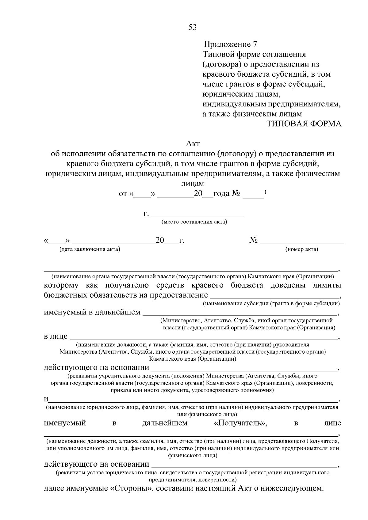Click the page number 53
pyautogui.click(x=192, y=27)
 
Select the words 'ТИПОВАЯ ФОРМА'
pyautogui.click(x=303, y=124)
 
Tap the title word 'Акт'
pyautogui.click(x=193, y=143)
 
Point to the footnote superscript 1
pyautogui.click(x=265, y=192)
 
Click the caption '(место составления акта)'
pyautogui.click(x=194, y=222)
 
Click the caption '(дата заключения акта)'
pyautogui.click(x=90, y=249)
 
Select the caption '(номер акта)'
pyautogui.click(x=302, y=249)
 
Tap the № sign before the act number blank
pyautogui.click(x=253, y=241)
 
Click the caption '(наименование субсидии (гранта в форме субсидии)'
pyautogui.click(x=271, y=303)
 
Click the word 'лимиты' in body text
pyautogui.click(x=327, y=285)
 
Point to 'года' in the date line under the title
pyautogui.click(x=221, y=194)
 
